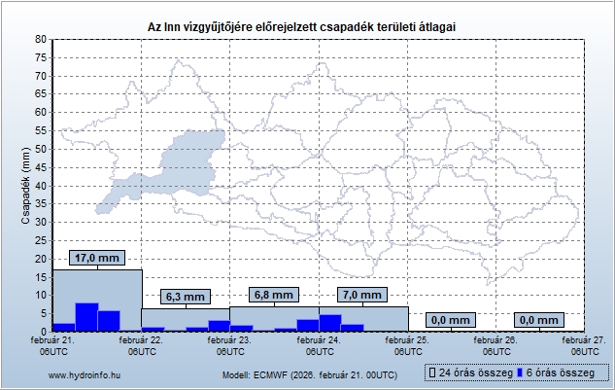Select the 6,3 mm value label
click(184, 297)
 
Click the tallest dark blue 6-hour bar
click(86, 317)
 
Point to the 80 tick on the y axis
click(41, 39)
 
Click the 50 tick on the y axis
click(41, 149)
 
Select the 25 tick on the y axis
click(41, 240)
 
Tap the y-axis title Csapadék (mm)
click(26, 185)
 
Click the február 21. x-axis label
click(54, 345)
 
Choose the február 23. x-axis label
click(231, 345)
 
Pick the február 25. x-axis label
click(408, 345)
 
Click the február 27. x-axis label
click(584, 345)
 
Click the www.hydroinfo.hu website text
click(84, 374)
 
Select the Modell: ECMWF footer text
click(309, 374)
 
